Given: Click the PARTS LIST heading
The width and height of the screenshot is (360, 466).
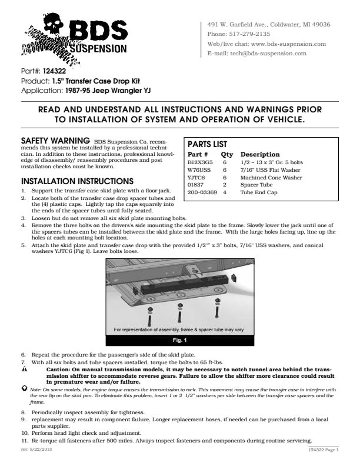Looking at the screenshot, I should point(207,144).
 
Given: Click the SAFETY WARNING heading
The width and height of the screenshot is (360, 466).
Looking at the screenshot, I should point(55,141).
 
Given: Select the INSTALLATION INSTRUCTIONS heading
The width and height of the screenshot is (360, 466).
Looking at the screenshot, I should point(77,181).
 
